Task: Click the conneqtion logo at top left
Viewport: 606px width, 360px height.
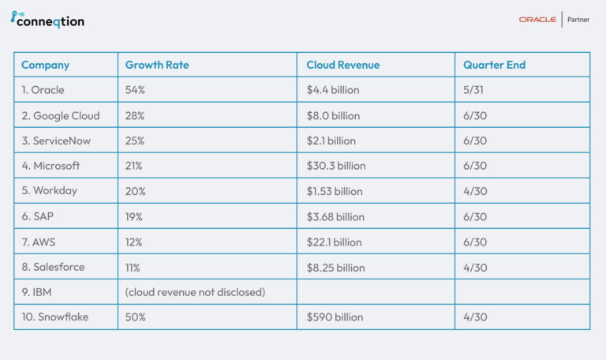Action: [47, 21]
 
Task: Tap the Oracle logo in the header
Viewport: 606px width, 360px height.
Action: [537, 20]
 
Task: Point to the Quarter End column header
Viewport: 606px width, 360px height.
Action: [494, 65]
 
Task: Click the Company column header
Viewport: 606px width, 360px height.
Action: [45, 65]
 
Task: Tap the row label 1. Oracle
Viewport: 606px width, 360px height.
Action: [43, 90]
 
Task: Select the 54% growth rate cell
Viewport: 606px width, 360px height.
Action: [136, 90]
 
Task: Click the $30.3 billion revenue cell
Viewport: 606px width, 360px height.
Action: [336, 166]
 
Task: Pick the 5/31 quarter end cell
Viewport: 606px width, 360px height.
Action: [475, 90]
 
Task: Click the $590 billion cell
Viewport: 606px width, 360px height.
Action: [335, 317]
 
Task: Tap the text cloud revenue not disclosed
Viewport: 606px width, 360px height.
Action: [195, 292]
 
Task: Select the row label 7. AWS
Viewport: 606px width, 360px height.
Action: [39, 242]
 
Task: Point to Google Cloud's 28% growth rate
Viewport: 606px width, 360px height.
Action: [136, 115]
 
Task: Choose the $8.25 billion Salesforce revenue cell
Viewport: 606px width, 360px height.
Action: [335, 267]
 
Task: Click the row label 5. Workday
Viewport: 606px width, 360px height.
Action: [49, 191]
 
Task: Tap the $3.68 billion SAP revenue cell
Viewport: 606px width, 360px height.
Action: [335, 216]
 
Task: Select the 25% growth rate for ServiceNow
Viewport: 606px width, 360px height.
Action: [136, 141]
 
